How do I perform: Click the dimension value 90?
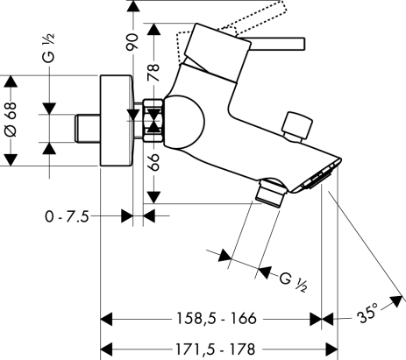coord(132,42)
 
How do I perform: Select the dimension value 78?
coord(153,73)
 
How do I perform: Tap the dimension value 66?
coord(153,162)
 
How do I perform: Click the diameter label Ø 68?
coord(11,120)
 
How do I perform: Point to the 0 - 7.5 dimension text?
coord(67,216)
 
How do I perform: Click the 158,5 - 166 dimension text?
coord(217,318)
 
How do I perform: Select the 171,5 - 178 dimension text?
coord(215,349)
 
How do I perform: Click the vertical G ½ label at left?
coord(48,48)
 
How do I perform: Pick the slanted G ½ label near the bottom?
coord(293,281)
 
